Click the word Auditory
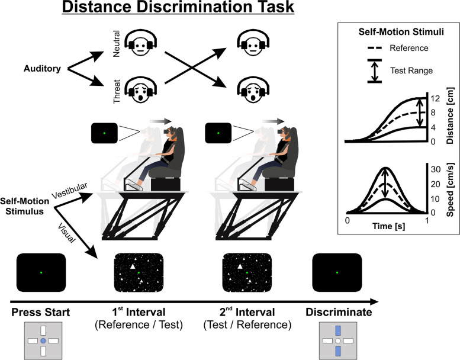42,69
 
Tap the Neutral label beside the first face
117,44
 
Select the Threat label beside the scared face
117,92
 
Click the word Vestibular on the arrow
70,191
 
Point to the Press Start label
41,312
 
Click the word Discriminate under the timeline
339,312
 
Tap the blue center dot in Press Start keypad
43,341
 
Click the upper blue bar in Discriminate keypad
338,330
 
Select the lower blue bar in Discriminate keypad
338,351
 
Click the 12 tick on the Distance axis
435,98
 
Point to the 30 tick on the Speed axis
435,169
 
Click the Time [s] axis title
389,226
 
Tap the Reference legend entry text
409,48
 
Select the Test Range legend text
411,70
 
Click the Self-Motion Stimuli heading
401,32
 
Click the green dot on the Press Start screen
41,273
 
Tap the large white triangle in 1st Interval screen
133,266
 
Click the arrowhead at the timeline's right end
374,301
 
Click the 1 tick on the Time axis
427,220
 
